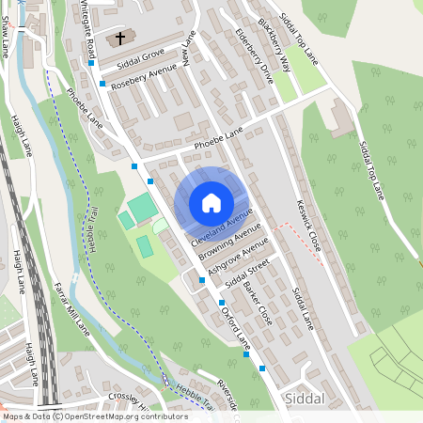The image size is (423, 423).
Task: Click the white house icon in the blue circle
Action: (211, 202)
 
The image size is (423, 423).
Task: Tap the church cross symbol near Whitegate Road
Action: (119, 39)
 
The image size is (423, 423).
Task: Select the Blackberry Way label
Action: (279, 42)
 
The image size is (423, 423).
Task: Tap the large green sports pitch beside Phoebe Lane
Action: (142, 208)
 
